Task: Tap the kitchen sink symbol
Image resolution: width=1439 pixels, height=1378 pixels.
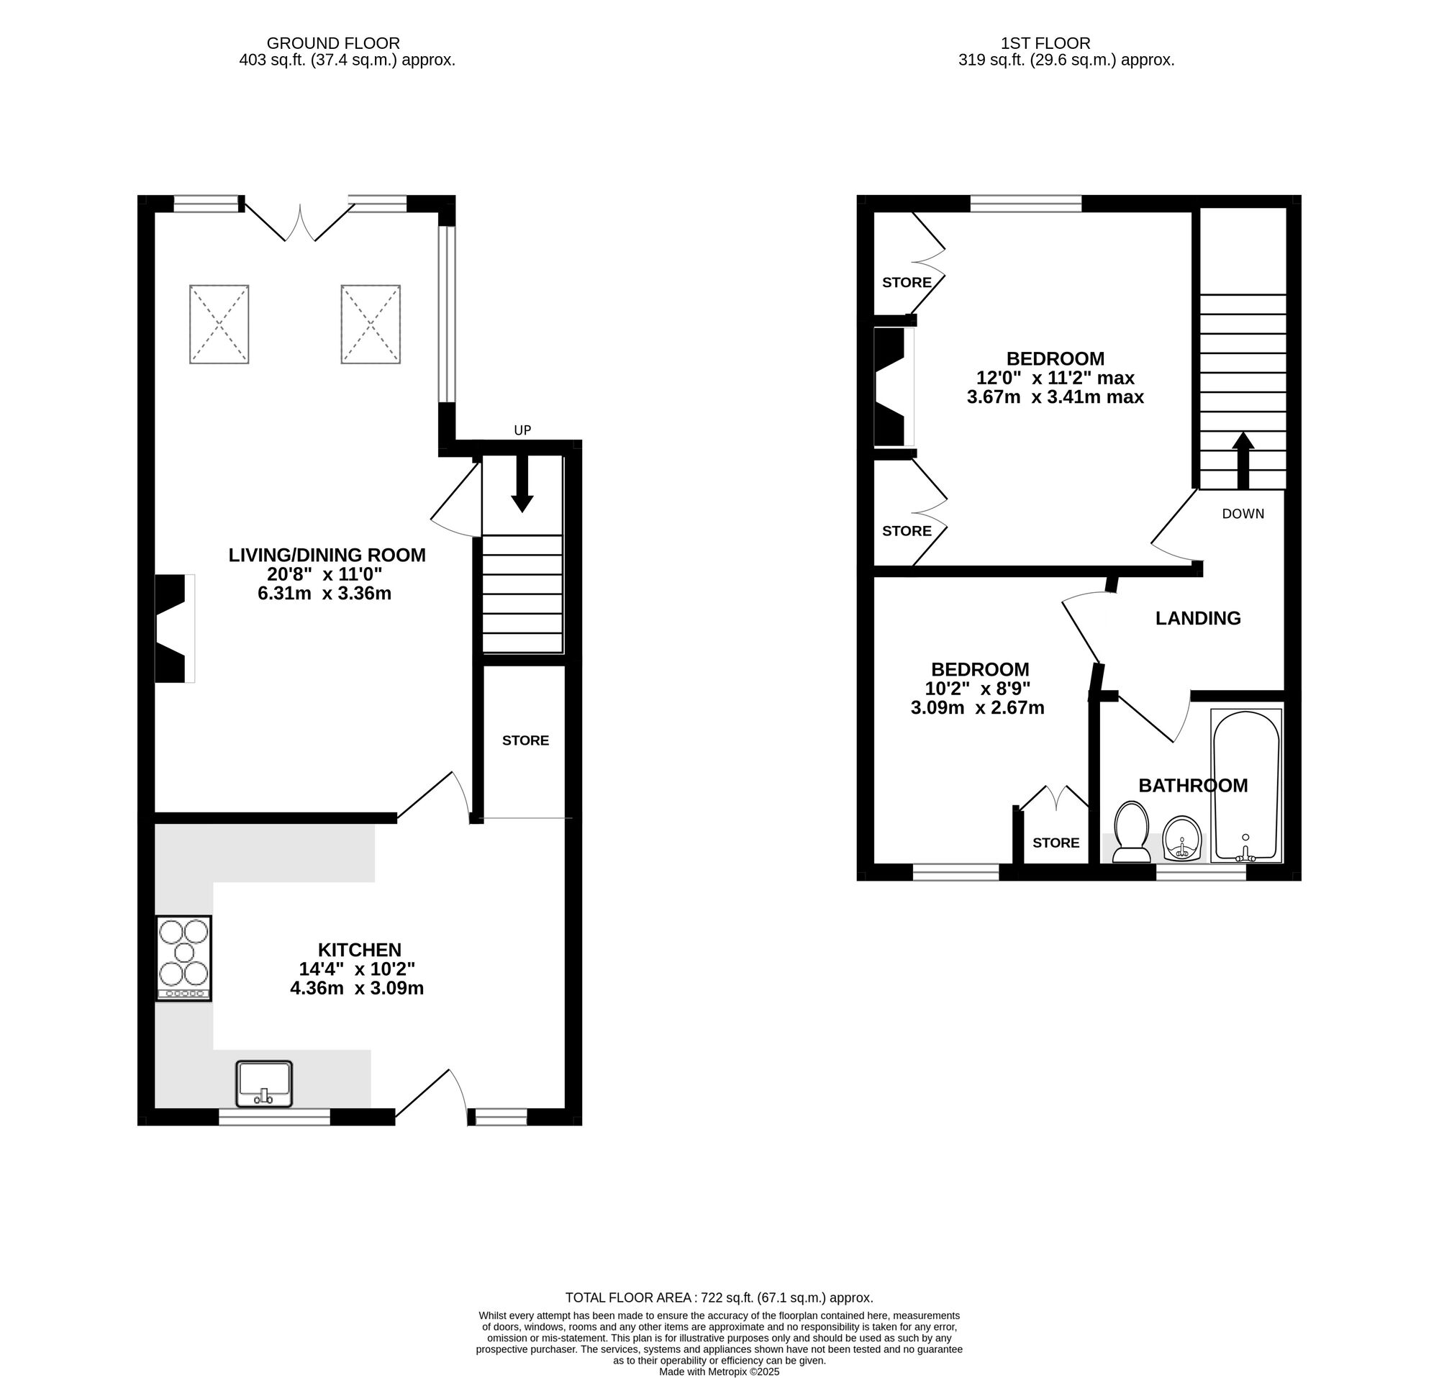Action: click(x=263, y=1083)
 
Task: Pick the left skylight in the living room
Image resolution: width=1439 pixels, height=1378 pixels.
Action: click(x=219, y=324)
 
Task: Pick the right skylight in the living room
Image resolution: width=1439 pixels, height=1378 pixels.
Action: click(x=370, y=324)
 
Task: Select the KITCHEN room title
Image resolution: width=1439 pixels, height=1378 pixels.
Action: click(x=359, y=949)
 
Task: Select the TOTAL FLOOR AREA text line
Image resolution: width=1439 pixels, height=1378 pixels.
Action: click(x=719, y=1297)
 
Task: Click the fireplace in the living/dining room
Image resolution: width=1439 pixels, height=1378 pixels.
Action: click(x=173, y=628)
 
